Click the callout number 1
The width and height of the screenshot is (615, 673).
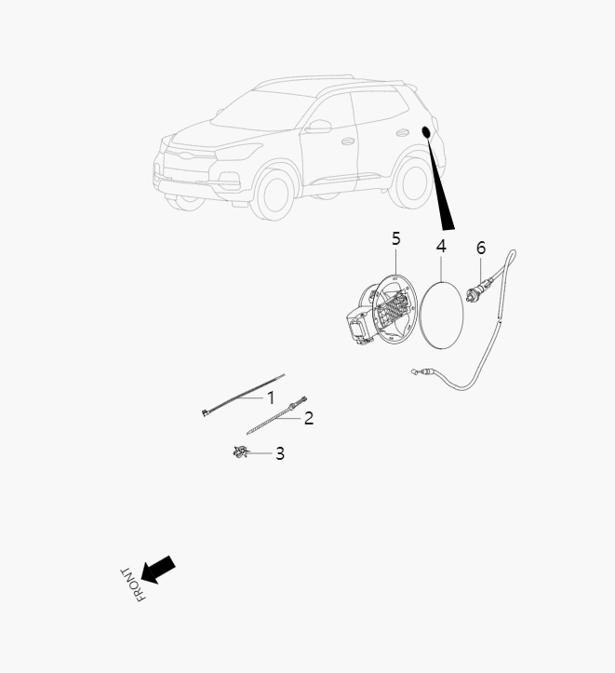[272, 397]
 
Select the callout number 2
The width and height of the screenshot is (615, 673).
[309, 418]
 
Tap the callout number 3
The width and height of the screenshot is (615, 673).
[279, 454]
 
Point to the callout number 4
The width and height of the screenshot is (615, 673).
[441, 246]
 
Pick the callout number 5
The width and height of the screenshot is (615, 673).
[395, 238]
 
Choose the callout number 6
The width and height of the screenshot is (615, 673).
[481, 248]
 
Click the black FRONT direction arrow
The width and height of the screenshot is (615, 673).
[157, 570]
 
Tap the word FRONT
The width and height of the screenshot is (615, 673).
[132, 584]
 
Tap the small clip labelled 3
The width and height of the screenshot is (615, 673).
[239, 452]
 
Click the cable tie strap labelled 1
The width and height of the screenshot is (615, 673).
[237, 398]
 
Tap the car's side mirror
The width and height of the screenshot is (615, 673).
[319, 126]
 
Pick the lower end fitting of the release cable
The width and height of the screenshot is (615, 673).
[423, 374]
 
